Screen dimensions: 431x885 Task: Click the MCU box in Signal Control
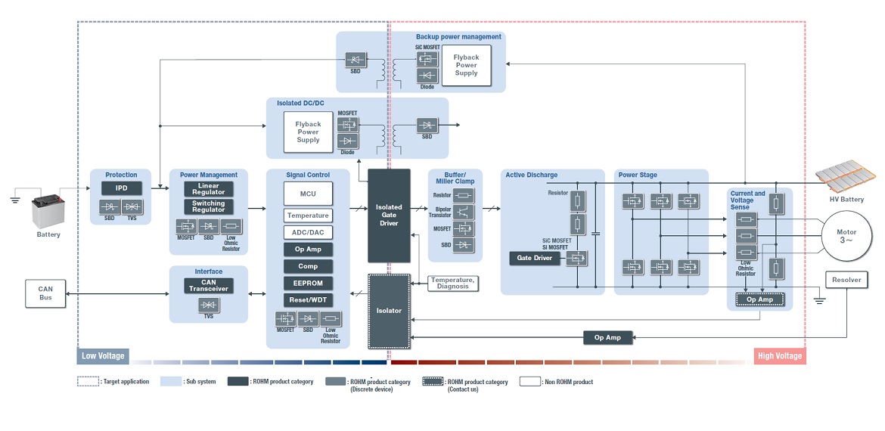click(308, 194)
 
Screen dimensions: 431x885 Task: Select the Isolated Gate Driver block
click(389, 215)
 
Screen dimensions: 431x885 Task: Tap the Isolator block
click(389, 311)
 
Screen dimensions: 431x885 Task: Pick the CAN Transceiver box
click(208, 286)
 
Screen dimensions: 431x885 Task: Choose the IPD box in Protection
click(121, 188)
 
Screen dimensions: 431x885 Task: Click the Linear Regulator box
click(208, 189)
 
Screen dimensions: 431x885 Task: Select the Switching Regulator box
click(208, 206)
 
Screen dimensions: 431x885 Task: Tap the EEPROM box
click(308, 284)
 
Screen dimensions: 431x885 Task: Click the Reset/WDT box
click(308, 300)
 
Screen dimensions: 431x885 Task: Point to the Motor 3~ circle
click(843, 236)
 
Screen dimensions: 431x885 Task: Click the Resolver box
click(846, 280)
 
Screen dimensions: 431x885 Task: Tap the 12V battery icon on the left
click(48, 211)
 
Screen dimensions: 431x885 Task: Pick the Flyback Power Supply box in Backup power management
click(466, 65)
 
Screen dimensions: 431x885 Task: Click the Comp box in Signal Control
click(308, 266)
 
